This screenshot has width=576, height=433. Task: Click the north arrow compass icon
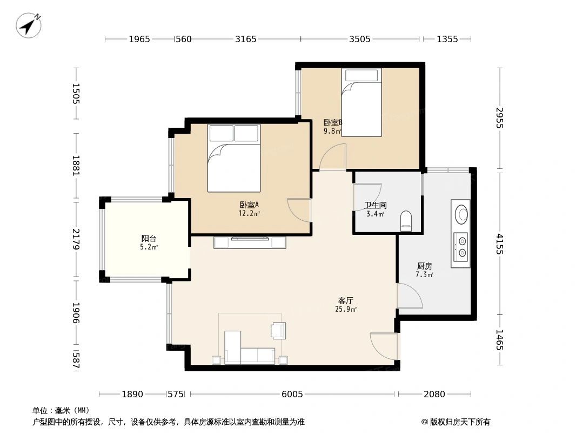[x=29, y=25]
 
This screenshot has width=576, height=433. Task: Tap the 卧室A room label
[x=249, y=205]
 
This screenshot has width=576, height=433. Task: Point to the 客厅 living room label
[x=346, y=300]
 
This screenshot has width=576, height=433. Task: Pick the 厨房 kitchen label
[x=424, y=266]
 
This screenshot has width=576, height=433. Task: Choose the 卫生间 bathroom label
[x=375, y=205]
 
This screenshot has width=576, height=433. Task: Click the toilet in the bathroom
[x=406, y=221]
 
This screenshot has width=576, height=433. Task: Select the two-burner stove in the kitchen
[x=461, y=246]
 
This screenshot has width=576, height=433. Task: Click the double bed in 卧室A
[x=234, y=158]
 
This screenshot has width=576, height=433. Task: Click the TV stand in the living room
[x=249, y=242]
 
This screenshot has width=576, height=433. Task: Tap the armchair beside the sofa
[x=278, y=330]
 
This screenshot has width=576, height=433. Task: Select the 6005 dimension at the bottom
[x=292, y=394]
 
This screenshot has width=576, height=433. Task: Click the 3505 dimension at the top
[x=360, y=39]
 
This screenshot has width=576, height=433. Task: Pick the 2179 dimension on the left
[x=76, y=239]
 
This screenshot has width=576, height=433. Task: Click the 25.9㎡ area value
[x=346, y=310]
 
